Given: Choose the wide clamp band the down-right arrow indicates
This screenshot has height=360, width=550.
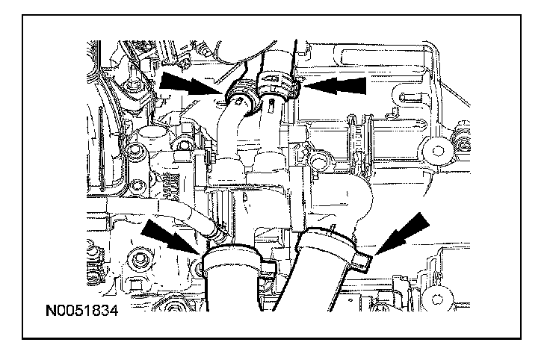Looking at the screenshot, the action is [x=232, y=261].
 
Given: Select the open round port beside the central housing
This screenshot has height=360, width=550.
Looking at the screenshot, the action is [x=321, y=161].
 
